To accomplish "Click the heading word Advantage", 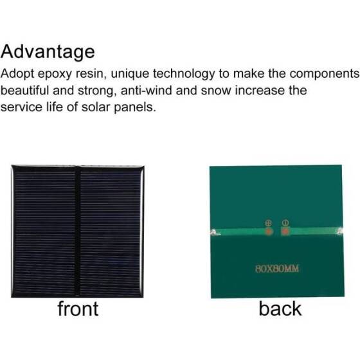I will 48,51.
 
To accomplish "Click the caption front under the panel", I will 78,309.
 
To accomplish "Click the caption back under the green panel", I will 280,309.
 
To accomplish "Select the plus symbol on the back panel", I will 269,223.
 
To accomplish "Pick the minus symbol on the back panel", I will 283,222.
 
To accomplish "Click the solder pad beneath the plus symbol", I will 269,231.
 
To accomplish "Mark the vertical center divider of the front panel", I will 77,231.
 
